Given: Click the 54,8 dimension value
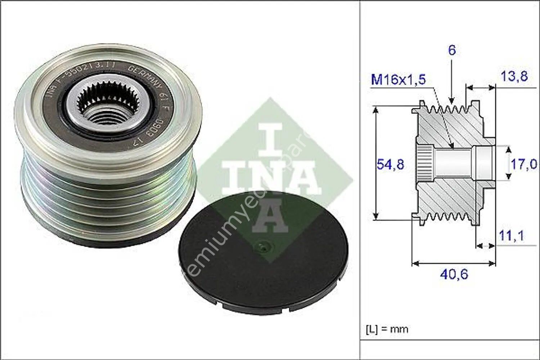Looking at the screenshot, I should [390, 165].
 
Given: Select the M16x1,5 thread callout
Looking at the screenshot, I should [399, 79].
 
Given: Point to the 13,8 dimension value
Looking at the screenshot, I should [514, 76].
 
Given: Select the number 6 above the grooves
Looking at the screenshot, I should [452, 50].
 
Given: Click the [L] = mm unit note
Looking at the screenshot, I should [387, 329].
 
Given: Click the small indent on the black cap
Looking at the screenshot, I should [262, 247].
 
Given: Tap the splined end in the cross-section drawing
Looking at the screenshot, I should [425, 164].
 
